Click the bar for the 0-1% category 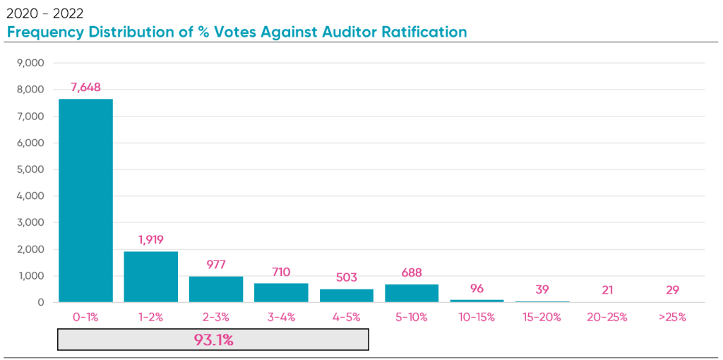pyautogui.click(x=85, y=200)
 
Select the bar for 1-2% pyautogui.click(x=150, y=277)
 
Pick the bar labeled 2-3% pyautogui.click(x=216, y=289)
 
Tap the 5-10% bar pyautogui.click(x=412, y=293)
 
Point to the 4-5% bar pyautogui.click(x=346, y=296)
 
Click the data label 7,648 pyautogui.click(x=85, y=88)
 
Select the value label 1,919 pyautogui.click(x=150, y=240)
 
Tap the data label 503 pyautogui.click(x=346, y=277)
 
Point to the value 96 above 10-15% pyautogui.click(x=477, y=289)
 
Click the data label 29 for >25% pyautogui.click(x=672, y=290)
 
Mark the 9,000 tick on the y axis pyautogui.click(x=30, y=63)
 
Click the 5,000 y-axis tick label pyautogui.click(x=30, y=169)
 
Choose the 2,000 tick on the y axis pyautogui.click(x=30, y=249)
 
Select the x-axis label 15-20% pyautogui.click(x=542, y=317)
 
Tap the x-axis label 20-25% pyautogui.click(x=607, y=317)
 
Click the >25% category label pyautogui.click(x=672, y=317)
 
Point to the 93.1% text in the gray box pyautogui.click(x=213, y=340)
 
